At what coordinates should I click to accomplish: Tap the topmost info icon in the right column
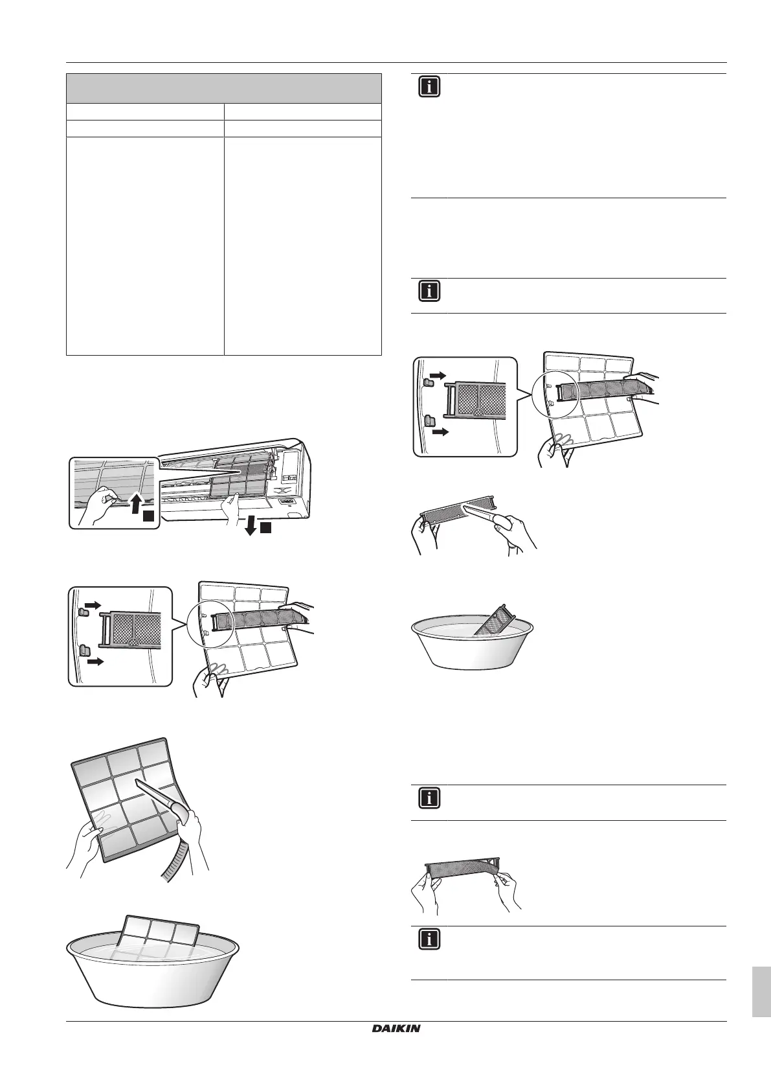pyautogui.click(x=429, y=87)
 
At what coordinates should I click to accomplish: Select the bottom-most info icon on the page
pyautogui.click(x=429, y=939)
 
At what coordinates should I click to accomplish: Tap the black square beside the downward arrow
pyautogui.click(x=266, y=529)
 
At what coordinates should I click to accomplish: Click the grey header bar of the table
pyautogui.click(x=223, y=88)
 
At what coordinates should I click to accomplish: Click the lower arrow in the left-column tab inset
pyautogui.click(x=95, y=662)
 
